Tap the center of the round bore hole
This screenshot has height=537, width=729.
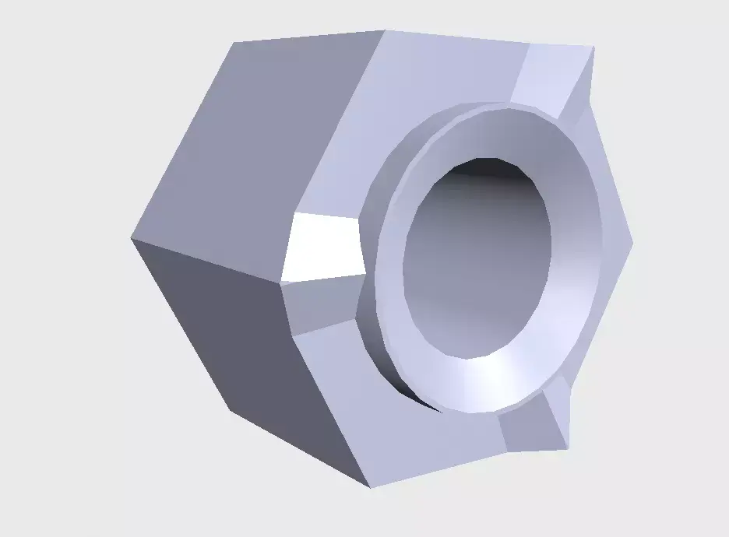(x=477, y=257)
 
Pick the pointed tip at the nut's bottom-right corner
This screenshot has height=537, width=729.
(x=567, y=447)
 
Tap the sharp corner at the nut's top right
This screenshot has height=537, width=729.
(x=593, y=48)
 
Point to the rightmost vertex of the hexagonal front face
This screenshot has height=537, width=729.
(x=632, y=243)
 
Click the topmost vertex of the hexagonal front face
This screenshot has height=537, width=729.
(x=386, y=31)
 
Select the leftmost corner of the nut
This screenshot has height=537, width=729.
(x=131, y=238)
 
